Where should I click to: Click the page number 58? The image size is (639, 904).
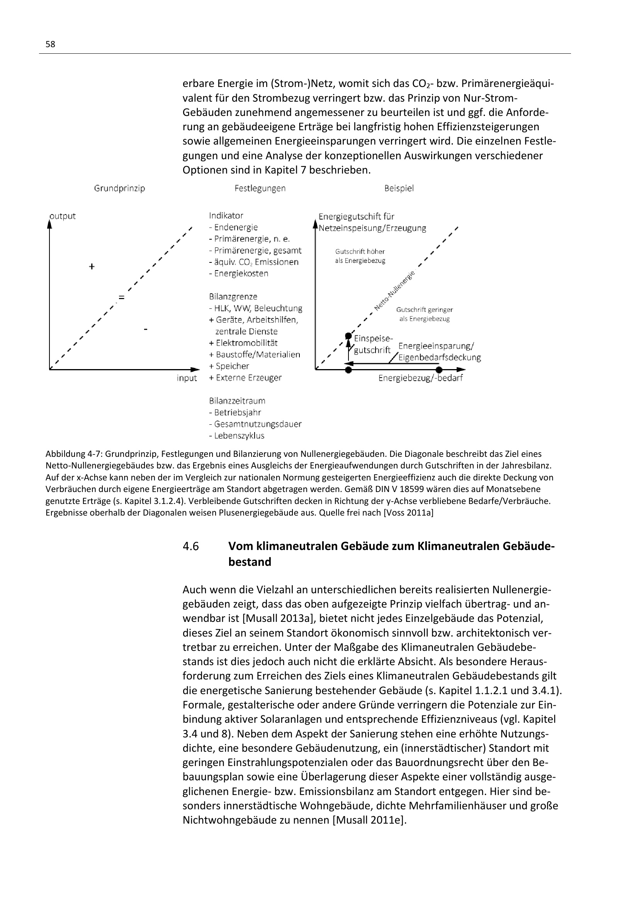pos(50,44)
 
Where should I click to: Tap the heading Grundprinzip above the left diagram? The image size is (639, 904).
pos(120,188)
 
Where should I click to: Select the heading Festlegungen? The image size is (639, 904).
pos(260,188)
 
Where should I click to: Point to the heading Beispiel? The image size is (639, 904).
pos(399,188)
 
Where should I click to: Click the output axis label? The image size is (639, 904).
pos(63,216)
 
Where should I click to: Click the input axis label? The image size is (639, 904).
pos(187,378)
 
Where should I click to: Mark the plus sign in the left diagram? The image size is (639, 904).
pos(92,267)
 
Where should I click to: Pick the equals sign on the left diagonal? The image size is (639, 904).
pos(122,298)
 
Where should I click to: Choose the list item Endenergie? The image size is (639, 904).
pos(236,227)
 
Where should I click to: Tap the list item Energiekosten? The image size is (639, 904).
pos(241,273)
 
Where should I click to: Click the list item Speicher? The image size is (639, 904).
pos(232,366)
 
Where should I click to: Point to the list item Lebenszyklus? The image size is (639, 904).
pos(239,436)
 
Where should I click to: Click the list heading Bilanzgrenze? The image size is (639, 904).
pos(233,296)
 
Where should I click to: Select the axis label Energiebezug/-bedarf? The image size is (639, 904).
pos(421,378)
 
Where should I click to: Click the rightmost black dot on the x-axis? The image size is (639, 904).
pos(439,370)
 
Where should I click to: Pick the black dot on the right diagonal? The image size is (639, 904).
pos(348,336)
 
